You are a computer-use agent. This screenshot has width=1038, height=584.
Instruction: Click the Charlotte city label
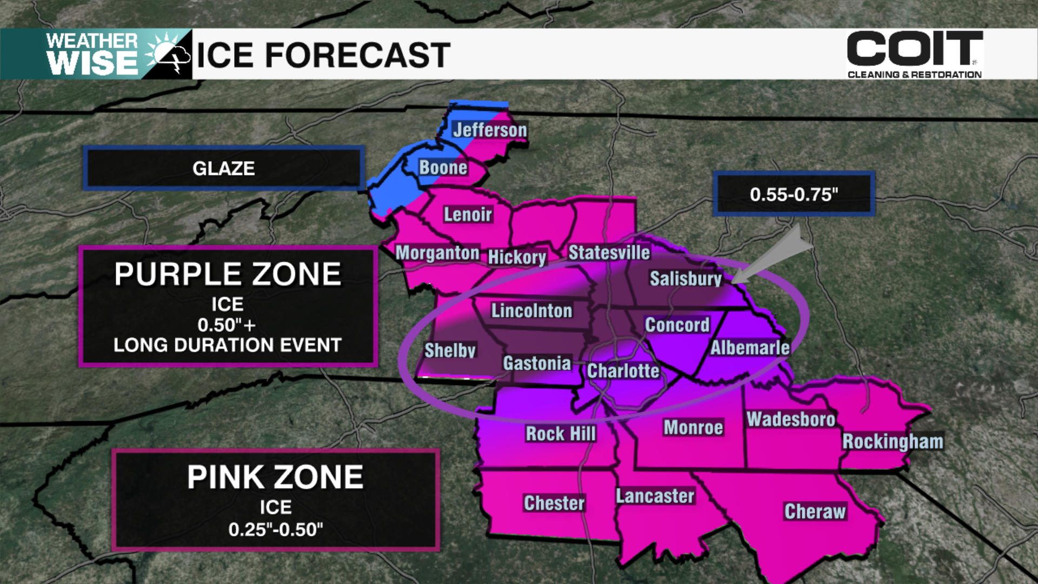point(623,371)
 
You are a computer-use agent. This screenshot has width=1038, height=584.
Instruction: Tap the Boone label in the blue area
point(443,168)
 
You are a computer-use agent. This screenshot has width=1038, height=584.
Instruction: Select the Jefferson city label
point(490,130)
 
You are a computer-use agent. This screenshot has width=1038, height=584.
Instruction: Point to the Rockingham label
point(893,441)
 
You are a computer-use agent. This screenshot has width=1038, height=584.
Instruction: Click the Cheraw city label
point(815,512)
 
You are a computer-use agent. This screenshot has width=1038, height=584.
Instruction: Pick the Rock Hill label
point(561,434)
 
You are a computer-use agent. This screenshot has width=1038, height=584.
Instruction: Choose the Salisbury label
point(686,278)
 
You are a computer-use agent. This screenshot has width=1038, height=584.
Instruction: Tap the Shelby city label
point(450,350)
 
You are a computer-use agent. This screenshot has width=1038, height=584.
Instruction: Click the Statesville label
point(609,253)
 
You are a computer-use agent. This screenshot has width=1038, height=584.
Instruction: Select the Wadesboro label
point(791,419)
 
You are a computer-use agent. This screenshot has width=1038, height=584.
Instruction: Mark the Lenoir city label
point(468,215)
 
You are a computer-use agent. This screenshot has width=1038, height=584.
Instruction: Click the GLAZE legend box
point(223,168)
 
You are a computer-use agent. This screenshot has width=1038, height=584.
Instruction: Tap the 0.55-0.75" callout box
point(794,194)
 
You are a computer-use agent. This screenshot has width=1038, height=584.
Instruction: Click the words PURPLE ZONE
point(228,274)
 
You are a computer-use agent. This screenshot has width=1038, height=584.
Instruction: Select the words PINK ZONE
point(275,477)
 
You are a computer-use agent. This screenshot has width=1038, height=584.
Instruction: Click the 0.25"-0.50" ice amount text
point(275,529)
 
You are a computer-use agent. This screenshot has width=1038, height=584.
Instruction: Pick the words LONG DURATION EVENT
point(228,345)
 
